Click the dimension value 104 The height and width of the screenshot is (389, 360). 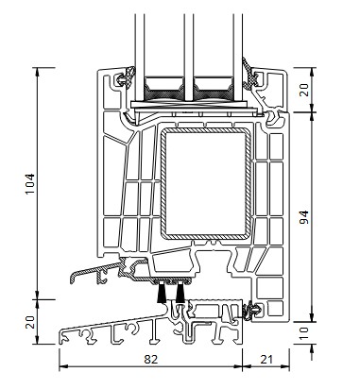coord(30,184)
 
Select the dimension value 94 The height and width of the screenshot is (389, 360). coord(304,217)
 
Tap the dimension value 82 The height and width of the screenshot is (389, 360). coord(150,359)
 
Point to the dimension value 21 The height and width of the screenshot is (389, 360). coord(266,359)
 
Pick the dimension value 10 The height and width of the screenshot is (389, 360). coord(304,333)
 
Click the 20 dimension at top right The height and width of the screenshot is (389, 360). coord(304,90)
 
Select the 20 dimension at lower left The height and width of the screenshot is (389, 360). coord(30,322)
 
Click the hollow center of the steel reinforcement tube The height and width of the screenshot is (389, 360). coord(205,183)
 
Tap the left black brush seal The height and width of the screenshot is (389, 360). coord(163,293)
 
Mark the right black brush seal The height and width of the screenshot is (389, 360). coord(180,293)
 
